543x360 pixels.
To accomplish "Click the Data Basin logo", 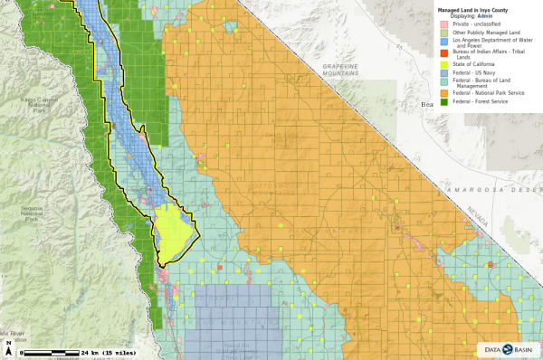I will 508,346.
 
